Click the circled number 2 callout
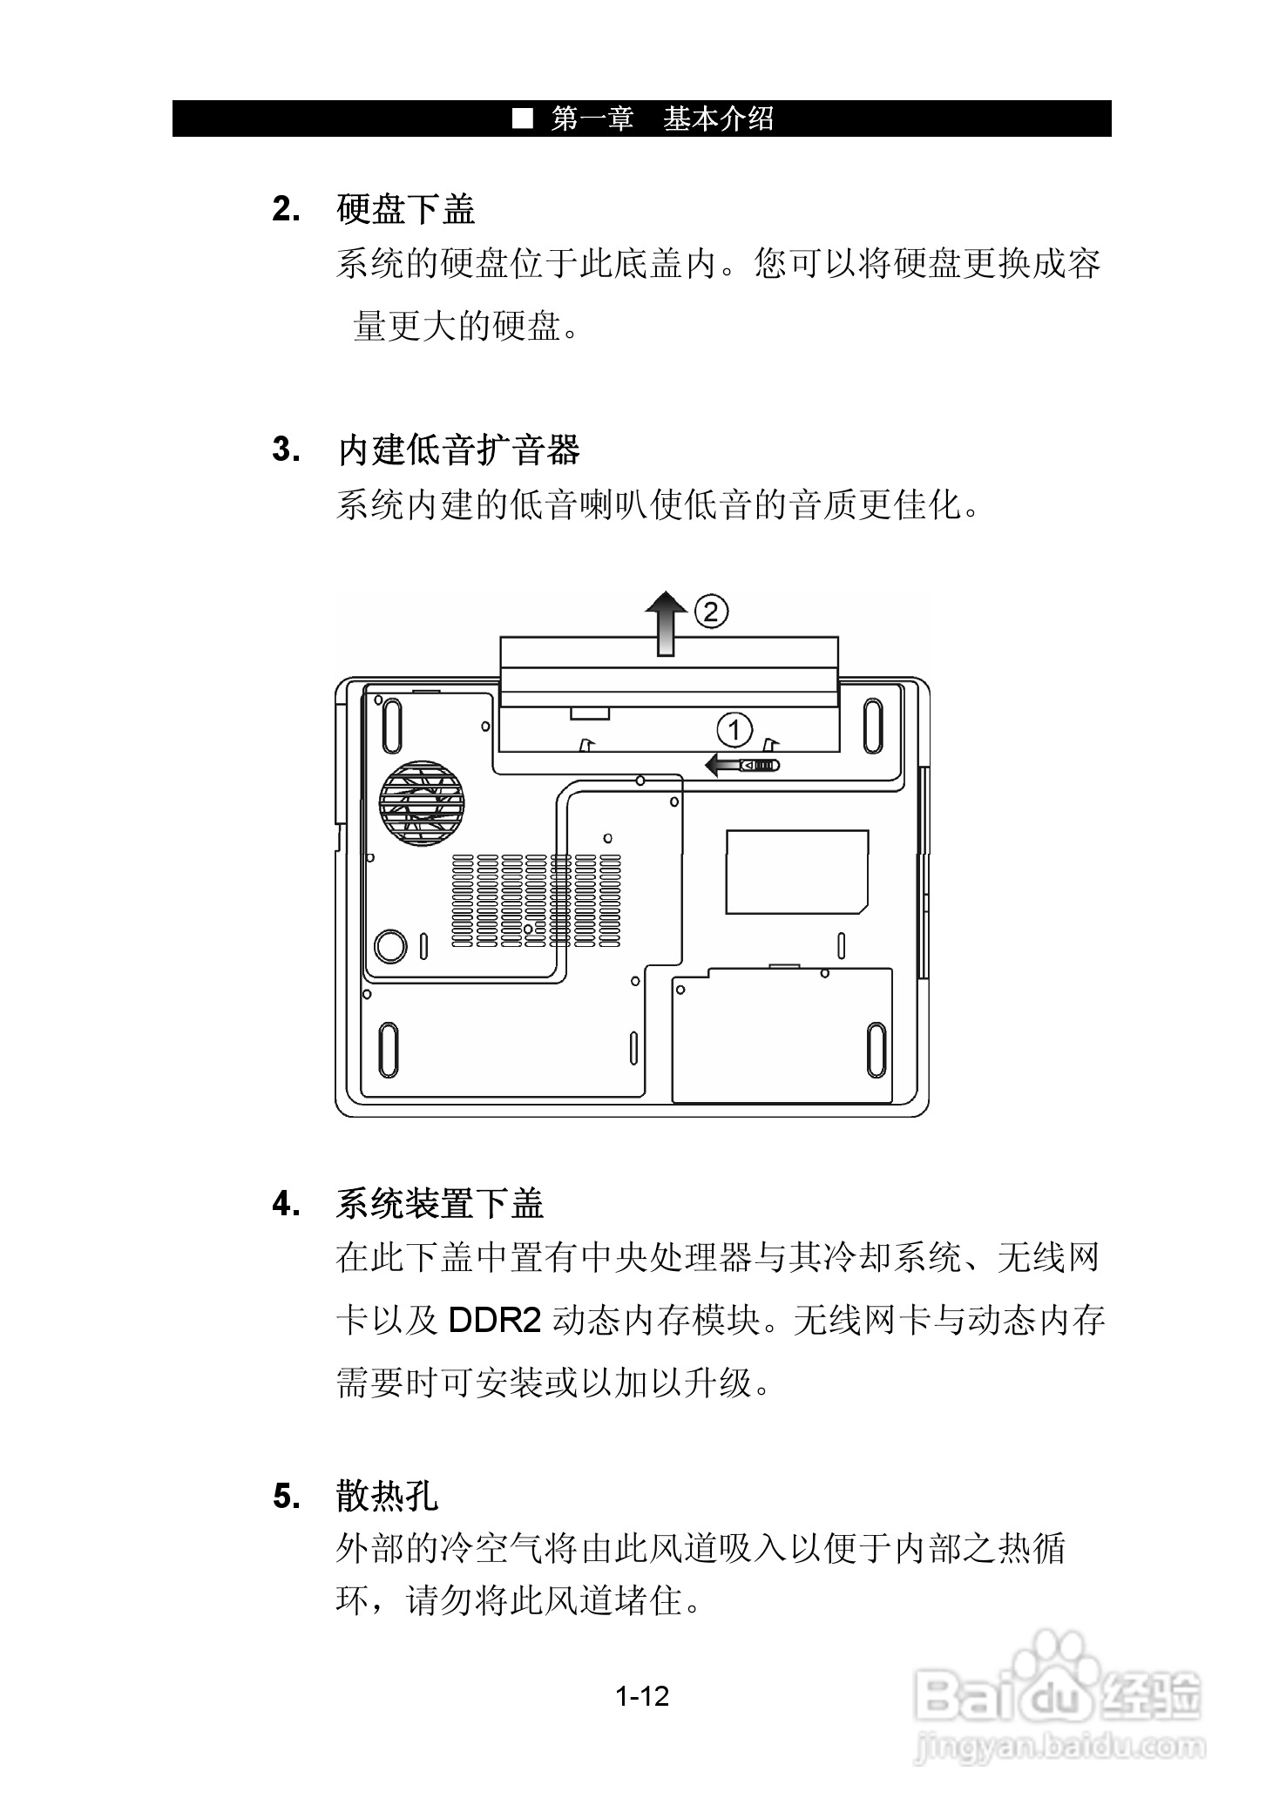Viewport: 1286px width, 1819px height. tap(711, 612)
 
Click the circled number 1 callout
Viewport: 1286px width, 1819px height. tap(734, 729)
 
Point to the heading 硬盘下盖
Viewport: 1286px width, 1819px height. tap(406, 210)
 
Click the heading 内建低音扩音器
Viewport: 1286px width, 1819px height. tap(458, 450)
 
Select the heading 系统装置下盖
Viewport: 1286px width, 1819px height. tap(440, 1204)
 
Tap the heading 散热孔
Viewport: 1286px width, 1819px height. tap(388, 1497)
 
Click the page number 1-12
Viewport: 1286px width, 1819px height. tap(642, 1696)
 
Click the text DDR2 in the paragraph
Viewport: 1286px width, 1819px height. tap(495, 1322)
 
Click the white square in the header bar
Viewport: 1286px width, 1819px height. tap(522, 118)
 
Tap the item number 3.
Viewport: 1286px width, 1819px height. tap(287, 451)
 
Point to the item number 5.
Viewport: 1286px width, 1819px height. tap(287, 1498)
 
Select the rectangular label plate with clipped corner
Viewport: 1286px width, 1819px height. tap(796, 871)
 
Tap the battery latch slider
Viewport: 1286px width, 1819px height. tap(760, 766)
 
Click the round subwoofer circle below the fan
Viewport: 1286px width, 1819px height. tap(390, 945)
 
